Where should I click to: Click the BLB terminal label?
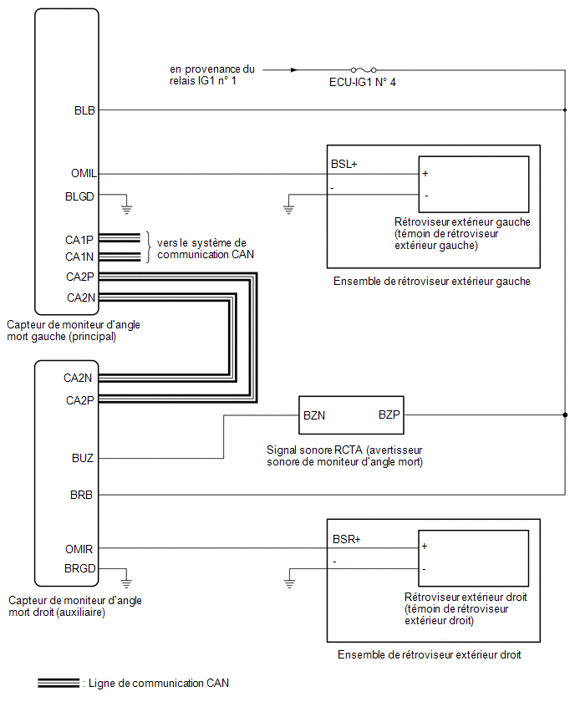tap(84, 110)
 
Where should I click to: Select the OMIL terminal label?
tap(84, 174)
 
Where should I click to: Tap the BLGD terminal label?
tap(79, 196)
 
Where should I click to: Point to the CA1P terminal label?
tap(79, 240)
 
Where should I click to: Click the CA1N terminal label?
tap(79, 257)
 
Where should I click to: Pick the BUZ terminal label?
tap(83, 458)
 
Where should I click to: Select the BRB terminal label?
tap(81, 495)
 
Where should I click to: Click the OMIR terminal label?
tap(79, 549)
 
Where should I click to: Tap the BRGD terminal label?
tap(80, 568)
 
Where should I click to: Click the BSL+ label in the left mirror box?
tap(343, 164)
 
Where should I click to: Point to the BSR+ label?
tap(346, 539)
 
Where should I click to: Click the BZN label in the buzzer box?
tap(314, 415)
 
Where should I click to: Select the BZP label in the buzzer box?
tap(389, 414)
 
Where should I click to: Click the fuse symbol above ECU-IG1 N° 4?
tap(364, 70)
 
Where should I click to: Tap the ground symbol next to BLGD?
tap(126, 209)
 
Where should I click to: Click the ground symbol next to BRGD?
tap(126, 583)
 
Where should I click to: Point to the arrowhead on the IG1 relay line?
tap(294, 70)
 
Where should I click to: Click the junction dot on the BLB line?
tap(565, 109)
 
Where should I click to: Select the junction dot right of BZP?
tap(565, 414)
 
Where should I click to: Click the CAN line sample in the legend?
tap(59, 683)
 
